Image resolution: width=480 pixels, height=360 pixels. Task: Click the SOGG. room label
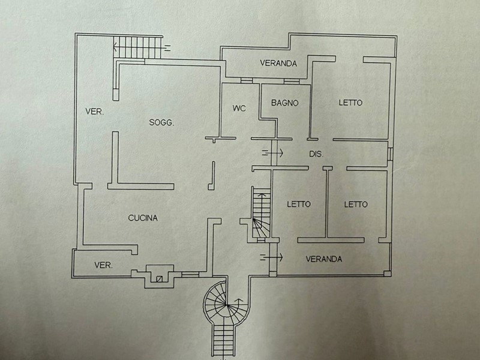[x=161, y=123]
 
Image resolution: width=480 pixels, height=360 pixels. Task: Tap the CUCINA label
[x=143, y=218]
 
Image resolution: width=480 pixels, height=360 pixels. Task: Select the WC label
[x=239, y=109]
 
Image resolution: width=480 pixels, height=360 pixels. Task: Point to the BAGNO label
[x=284, y=103]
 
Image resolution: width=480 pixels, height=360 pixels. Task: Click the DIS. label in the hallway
[x=316, y=154]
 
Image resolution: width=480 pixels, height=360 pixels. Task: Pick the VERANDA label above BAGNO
[x=278, y=63]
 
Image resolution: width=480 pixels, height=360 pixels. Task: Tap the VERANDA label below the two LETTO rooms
[x=324, y=259]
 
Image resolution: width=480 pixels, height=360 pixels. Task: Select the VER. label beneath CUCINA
[x=104, y=265]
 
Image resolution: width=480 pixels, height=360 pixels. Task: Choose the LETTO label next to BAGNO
[x=350, y=103]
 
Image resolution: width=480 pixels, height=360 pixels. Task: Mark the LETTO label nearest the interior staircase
[x=299, y=204]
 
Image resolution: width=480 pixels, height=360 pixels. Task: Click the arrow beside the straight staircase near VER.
[x=170, y=47]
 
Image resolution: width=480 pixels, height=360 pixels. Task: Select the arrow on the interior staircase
[x=260, y=196]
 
